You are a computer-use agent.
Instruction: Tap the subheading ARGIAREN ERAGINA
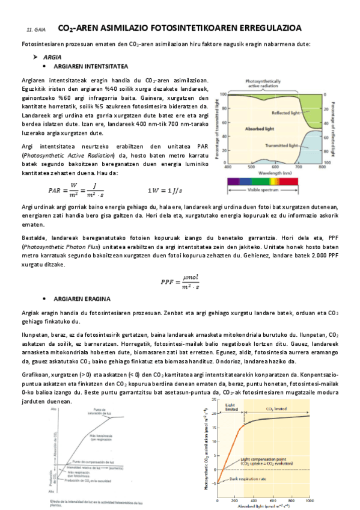coord(82,299)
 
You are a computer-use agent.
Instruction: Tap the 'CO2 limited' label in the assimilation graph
coord(276,408)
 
